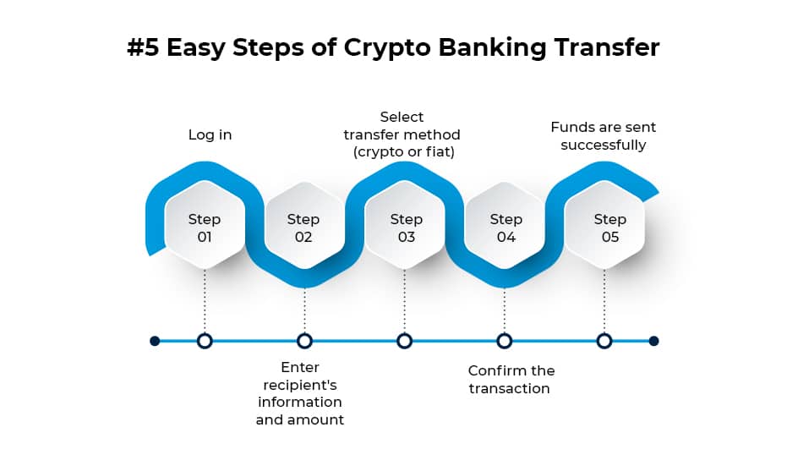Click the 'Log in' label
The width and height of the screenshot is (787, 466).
pos(210,134)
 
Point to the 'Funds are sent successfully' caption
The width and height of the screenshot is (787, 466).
pos(603,136)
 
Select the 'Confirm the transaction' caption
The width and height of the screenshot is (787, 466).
pos(511,380)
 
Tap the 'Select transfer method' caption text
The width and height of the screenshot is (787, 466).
pos(402,134)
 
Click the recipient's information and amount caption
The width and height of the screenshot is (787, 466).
pos(300,393)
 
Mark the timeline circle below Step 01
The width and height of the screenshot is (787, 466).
pos(204,341)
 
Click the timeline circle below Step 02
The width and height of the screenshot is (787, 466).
pos(304,341)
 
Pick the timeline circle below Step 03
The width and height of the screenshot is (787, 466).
pos(404,341)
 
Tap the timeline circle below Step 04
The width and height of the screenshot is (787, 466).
pos(504,341)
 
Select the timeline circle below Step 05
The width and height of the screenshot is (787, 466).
pos(604,341)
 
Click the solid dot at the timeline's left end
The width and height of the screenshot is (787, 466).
pos(155,341)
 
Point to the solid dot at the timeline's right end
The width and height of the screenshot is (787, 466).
pos(653,341)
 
